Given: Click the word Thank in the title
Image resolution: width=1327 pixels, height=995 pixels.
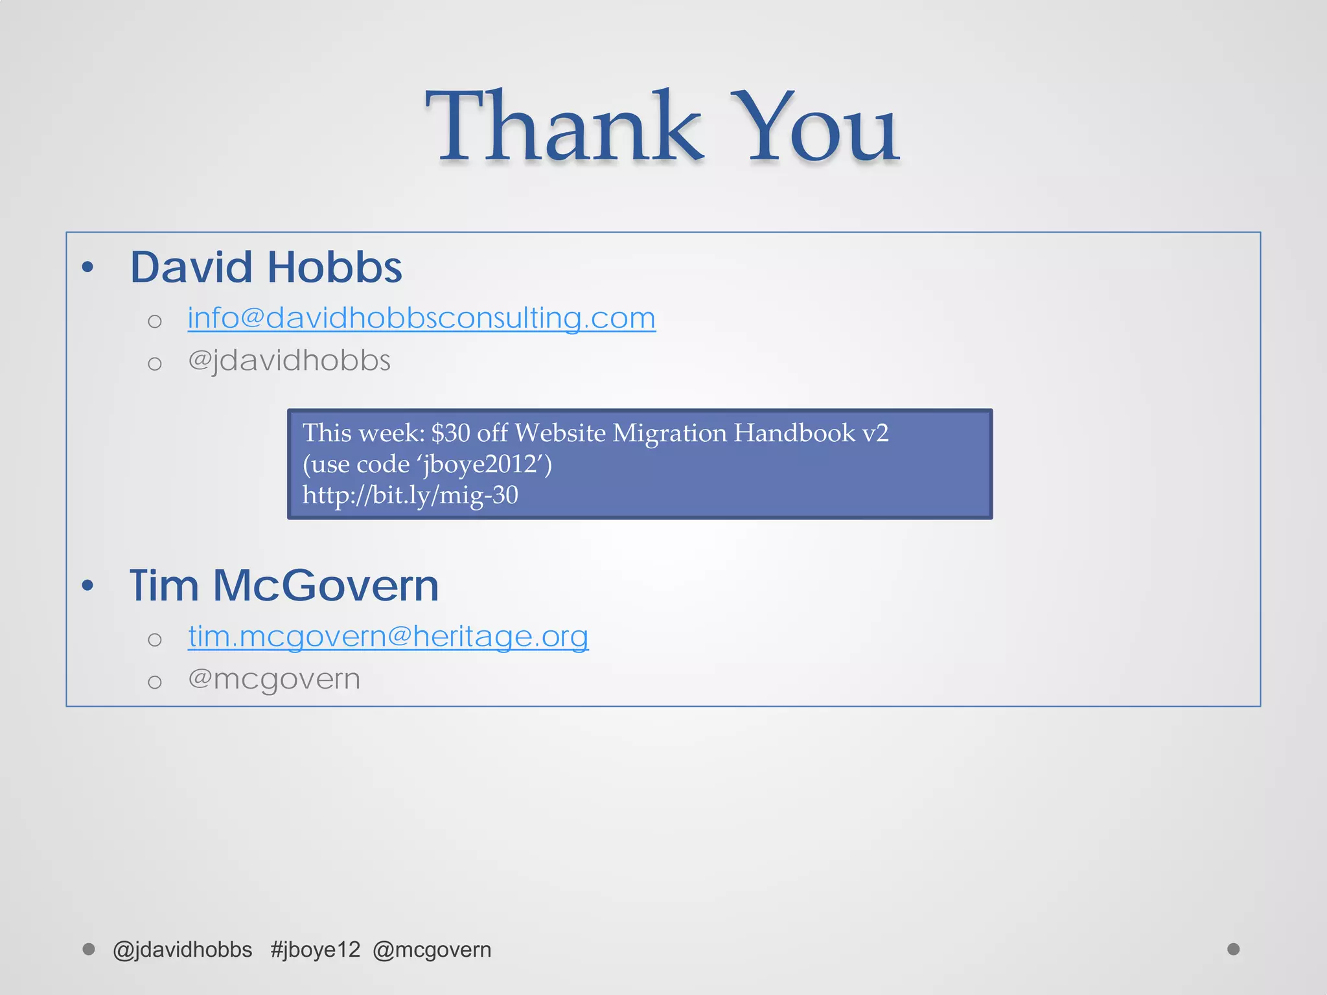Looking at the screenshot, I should tap(562, 126).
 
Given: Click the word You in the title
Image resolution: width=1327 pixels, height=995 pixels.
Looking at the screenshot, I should tap(814, 126).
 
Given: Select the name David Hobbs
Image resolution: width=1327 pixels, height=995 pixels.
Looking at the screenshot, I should tap(266, 268).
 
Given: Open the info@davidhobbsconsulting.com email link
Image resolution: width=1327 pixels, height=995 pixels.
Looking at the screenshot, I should tap(421, 318).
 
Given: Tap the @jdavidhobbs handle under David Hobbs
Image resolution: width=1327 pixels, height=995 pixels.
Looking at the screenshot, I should tap(289, 361).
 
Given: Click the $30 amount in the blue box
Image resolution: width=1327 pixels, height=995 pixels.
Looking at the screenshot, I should tap(451, 433).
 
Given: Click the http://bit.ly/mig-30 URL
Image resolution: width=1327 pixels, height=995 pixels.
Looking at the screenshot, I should tap(410, 495).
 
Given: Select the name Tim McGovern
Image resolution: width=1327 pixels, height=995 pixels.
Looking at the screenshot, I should tap(284, 586).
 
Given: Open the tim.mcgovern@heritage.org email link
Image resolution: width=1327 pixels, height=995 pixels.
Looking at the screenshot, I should tap(388, 636).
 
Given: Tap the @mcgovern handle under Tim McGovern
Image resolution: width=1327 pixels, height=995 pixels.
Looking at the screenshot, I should tap(273, 679).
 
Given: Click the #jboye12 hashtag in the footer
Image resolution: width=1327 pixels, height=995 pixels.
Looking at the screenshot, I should tap(315, 950).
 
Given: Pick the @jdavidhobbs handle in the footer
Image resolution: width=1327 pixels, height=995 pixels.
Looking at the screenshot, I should tap(182, 950).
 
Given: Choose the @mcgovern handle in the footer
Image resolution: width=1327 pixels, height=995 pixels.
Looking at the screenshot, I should tap(432, 950).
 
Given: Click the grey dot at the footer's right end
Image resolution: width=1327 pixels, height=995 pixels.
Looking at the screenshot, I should tap(1234, 949).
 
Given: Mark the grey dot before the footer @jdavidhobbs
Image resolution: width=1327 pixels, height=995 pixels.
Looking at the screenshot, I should tap(89, 949).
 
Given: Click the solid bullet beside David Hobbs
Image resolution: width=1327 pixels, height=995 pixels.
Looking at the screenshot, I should tap(88, 267).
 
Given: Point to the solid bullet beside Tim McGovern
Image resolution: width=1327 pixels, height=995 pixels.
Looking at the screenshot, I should tap(88, 586).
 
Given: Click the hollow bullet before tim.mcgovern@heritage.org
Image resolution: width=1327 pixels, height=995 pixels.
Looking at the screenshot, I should tap(154, 640).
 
